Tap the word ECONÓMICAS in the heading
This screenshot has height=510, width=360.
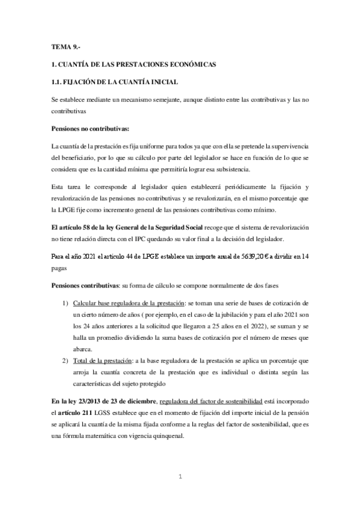pos(189,64)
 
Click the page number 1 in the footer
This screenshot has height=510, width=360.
pos(180,477)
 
